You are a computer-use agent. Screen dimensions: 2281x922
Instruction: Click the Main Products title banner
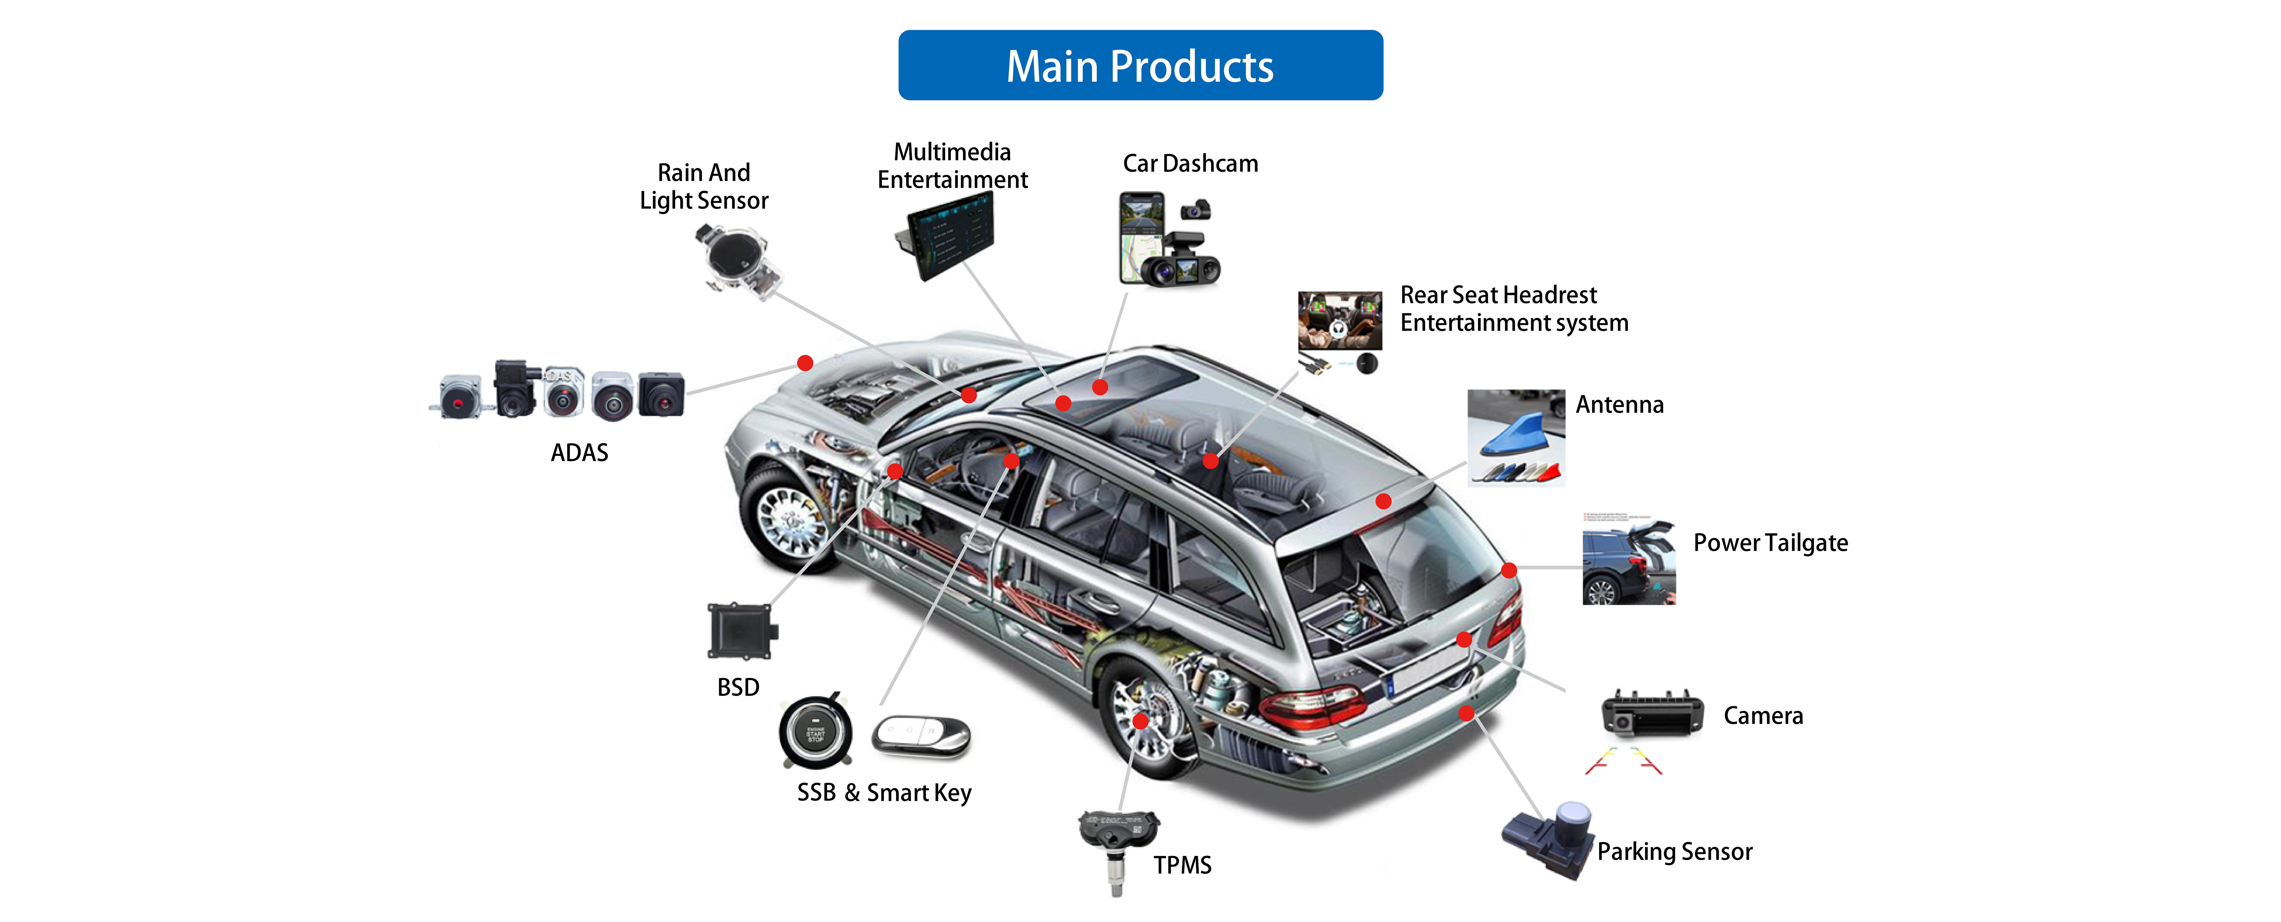click(x=1140, y=66)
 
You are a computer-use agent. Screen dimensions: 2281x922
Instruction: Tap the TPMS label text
click(x=1182, y=865)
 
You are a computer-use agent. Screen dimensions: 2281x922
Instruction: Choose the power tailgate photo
click(x=1629, y=562)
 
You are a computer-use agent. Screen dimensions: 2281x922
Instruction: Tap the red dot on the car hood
click(x=805, y=363)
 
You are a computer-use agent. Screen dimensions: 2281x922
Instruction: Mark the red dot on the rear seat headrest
click(x=1210, y=460)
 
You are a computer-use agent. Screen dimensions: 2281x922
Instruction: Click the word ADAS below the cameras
click(x=579, y=453)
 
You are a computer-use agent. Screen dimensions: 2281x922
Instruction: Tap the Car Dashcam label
click(x=1190, y=164)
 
